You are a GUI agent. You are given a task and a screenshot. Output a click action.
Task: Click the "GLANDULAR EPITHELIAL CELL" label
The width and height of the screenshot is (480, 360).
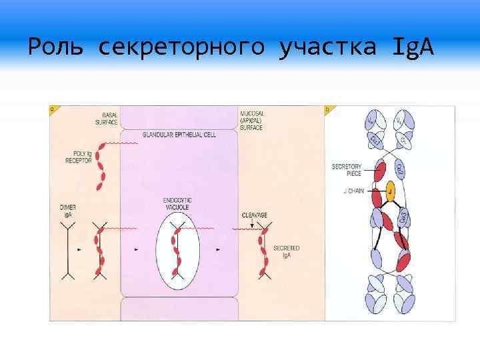pos(179,135)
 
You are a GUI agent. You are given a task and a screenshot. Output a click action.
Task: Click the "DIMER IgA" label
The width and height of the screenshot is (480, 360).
pos(68,211)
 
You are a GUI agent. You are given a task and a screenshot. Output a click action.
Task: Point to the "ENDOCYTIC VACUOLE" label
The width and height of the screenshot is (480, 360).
pos(178,205)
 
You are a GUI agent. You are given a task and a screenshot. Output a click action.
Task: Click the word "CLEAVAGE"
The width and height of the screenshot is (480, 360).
pos(255,215)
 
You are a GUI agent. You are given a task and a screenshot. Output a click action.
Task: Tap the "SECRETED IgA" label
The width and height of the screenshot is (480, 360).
pos(286,251)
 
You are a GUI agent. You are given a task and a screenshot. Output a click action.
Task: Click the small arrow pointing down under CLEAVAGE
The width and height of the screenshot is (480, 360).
pos(251,225)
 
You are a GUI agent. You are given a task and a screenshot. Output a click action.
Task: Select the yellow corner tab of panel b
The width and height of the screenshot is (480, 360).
pos(328,109)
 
